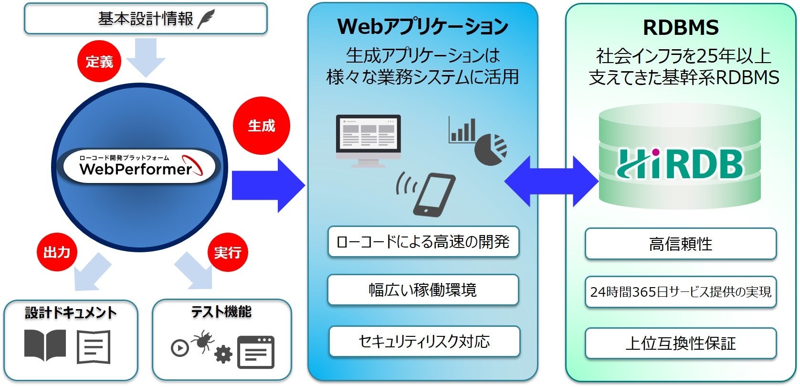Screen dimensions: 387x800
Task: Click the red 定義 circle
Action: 99,62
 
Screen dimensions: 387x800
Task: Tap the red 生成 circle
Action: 261,126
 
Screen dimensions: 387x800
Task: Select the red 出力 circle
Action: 57,252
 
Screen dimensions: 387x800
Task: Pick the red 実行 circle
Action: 228,252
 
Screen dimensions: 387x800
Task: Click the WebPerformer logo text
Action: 136,169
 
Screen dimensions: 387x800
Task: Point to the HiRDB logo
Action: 680,164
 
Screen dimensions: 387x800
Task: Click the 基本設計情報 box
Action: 146,19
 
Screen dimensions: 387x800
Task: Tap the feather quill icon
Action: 206,19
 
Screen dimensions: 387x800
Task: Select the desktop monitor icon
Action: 368,140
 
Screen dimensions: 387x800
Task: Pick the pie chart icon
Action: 491,150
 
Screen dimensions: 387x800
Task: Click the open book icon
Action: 45,345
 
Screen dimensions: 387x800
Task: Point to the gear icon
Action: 223,355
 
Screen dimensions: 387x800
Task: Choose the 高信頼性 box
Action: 680,244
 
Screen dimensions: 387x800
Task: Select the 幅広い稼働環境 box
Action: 423,290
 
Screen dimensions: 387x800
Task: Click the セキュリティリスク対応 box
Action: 424,341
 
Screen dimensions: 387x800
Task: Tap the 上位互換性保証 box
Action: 680,343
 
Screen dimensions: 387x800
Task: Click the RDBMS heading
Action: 681,28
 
